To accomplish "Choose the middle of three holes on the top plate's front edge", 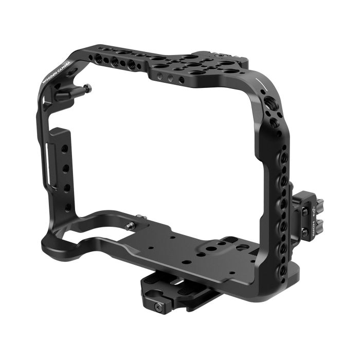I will tap(165, 77).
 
